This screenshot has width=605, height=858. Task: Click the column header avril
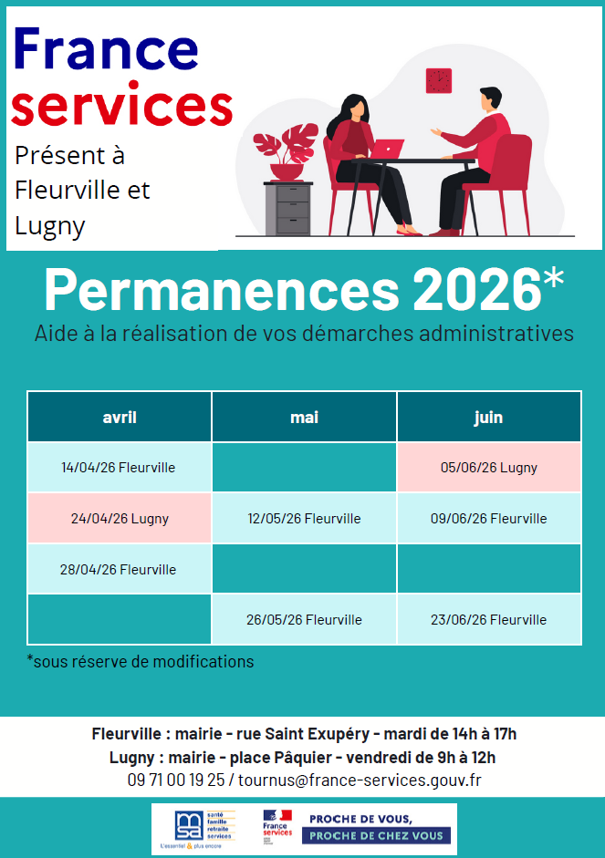(x=120, y=417)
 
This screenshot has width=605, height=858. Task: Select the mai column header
(x=304, y=417)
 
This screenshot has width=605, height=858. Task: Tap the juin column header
(x=489, y=417)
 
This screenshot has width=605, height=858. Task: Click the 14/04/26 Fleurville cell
(x=120, y=468)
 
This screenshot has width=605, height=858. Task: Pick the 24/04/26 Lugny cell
(x=120, y=519)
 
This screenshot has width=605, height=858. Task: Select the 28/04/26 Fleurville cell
(x=120, y=570)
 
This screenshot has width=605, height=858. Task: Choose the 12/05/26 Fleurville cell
(x=304, y=519)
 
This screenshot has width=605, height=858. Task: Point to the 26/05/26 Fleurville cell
(x=304, y=620)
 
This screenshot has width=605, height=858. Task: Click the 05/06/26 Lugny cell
(x=489, y=468)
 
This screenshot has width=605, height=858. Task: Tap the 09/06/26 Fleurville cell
(x=489, y=519)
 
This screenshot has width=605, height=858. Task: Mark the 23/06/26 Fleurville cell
(x=489, y=620)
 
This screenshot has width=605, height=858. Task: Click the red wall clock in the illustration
(x=439, y=81)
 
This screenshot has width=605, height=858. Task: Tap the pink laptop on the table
(x=387, y=149)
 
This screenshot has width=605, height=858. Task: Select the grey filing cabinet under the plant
(x=288, y=208)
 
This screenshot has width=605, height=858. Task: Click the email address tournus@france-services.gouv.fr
(x=360, y=780)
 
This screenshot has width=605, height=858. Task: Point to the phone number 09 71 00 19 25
(x=175, y=780)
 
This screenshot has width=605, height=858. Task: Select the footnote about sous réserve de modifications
(x=141, y=661)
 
